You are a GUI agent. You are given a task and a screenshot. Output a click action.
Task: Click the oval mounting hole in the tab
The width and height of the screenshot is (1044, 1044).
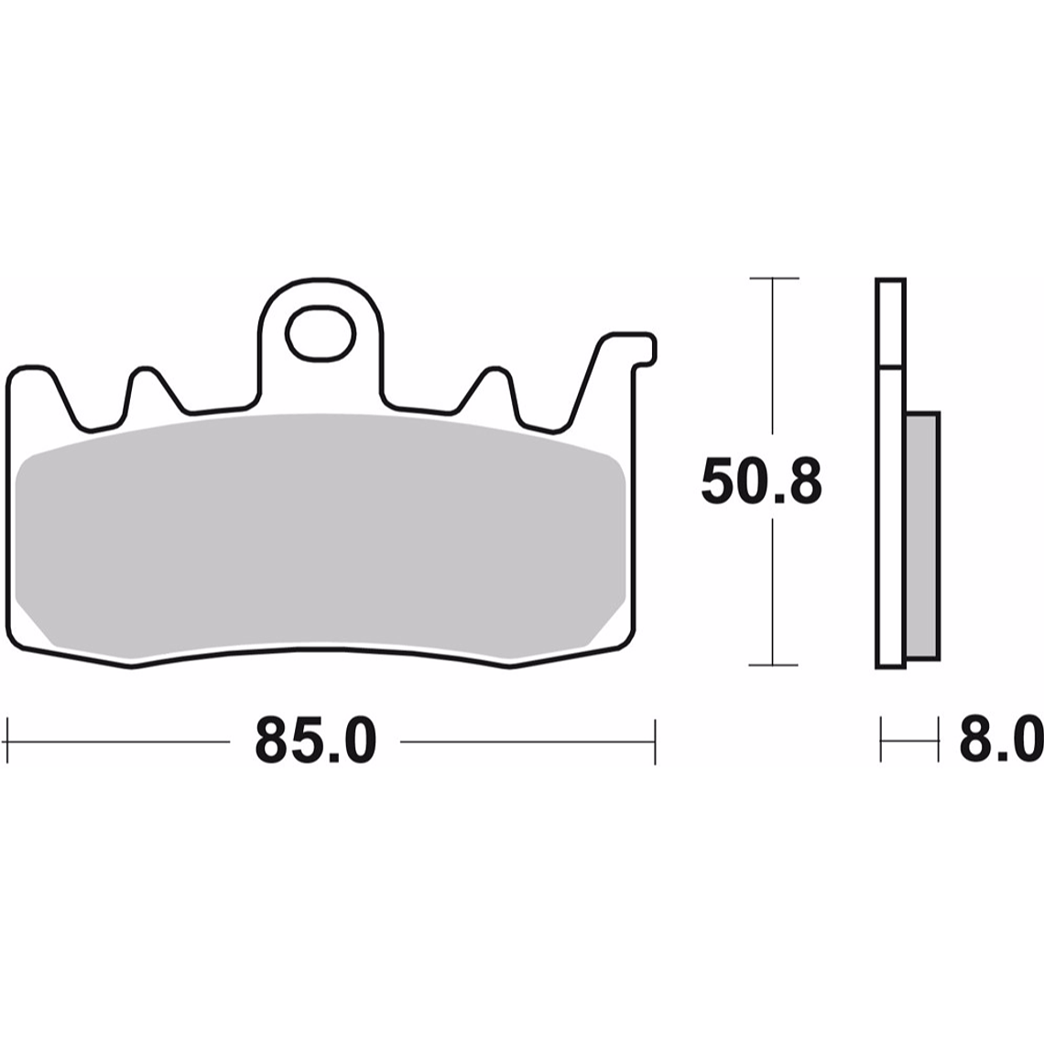click(320, 333)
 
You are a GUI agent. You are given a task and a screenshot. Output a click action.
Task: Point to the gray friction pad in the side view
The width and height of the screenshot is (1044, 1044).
click(922, 535)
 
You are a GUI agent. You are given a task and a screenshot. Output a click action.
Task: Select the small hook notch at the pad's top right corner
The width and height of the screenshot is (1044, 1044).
click(647, 352)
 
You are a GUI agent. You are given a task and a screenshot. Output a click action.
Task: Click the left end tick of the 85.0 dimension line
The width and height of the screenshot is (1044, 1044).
click(7, 740)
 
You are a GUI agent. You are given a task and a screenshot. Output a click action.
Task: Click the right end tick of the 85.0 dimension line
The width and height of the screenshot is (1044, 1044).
click(655, 740)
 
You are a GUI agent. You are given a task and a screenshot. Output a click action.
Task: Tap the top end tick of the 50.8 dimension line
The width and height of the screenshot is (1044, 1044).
click(774, 277)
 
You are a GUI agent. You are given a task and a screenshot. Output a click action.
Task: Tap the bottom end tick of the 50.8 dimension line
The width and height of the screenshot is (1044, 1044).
click(774, 665)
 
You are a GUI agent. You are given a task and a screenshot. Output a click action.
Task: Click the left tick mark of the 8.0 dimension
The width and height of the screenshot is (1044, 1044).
click(881, 740)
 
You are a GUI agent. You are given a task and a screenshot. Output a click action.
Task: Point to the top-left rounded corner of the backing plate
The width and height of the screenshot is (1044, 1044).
click(18, 374)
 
